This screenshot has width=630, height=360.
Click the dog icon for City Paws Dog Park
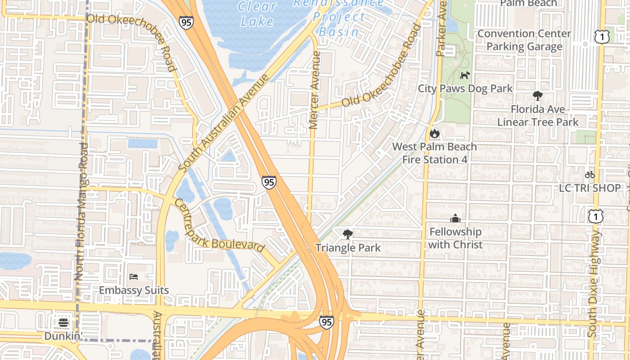pyautogui.click(x=465, y=75)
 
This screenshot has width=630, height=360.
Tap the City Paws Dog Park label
pyautogui.click(x=465, y=88)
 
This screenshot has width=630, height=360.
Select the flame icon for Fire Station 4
pyautogui.click(x=434, y=133)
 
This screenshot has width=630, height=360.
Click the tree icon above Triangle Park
pyautogui.click(x=347, y=234)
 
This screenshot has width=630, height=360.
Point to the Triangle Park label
pyautogui.click(x=348, y=247)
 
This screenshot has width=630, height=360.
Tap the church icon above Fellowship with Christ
pyautogui.click(x=455, y=218)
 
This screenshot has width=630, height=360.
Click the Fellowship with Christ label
pyautogui.click(x=455, y=238)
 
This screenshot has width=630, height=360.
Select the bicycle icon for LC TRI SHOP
pyautogui.click(x=589, y=175)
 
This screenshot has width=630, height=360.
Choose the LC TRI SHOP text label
pyautogui.click(x=589, y=188)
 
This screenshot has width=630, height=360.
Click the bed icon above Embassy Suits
pyautogui.click(x=134, y=276)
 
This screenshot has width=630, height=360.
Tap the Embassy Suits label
pyautogui.click(x=134, y=290)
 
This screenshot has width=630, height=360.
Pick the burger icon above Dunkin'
pyautogui.click(x=63, y=322)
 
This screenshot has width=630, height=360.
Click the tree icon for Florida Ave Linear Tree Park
pyautogui.click(x=537, y=95)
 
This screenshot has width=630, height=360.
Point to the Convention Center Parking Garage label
pyautogui.click(x=524, y=40)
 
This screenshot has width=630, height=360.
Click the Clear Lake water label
pyautogui.click(x=257, y=13)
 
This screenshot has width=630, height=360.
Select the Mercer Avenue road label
pyautogui.click(x=315, y=90)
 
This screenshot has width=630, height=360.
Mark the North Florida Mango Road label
pyautogui.click(x=81, y=211)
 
